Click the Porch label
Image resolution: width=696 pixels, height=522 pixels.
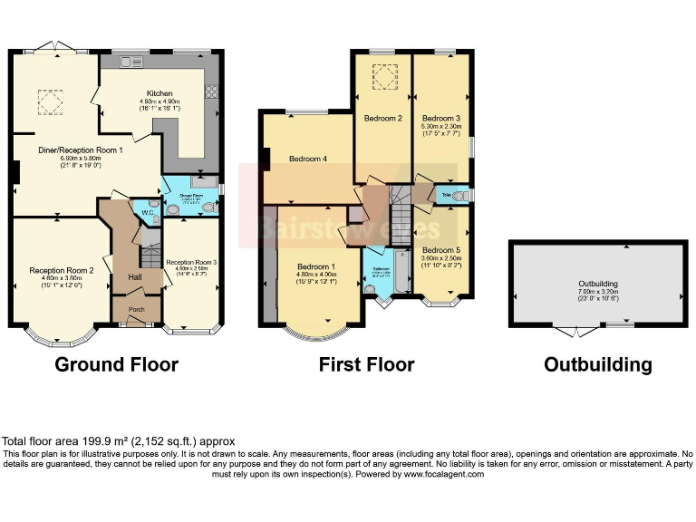point(136,307)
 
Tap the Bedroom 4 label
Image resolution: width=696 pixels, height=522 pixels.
point(308,159)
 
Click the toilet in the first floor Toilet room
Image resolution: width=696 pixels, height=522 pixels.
point(460,195)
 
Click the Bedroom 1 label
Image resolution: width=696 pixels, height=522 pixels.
point(316,266)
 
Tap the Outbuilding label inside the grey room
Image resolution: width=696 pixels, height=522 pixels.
point(597,283)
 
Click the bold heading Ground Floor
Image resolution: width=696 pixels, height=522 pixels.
point(117,365)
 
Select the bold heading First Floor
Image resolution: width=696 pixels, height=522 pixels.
point(366,365)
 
